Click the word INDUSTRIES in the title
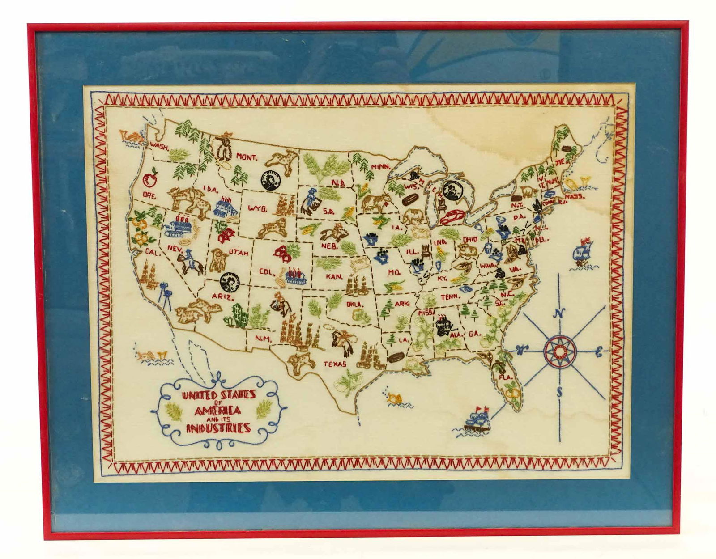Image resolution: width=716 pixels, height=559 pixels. click(218, 428)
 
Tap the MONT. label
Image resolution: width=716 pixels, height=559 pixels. click(247, 157)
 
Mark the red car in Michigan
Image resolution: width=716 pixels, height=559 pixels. click(452, 218)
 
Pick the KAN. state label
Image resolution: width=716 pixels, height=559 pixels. click(334, 277)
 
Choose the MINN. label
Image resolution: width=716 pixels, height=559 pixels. click(381, 167)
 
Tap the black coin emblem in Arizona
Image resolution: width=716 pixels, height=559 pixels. click(229, 283)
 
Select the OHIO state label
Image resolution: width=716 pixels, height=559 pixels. click(470, 239)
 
